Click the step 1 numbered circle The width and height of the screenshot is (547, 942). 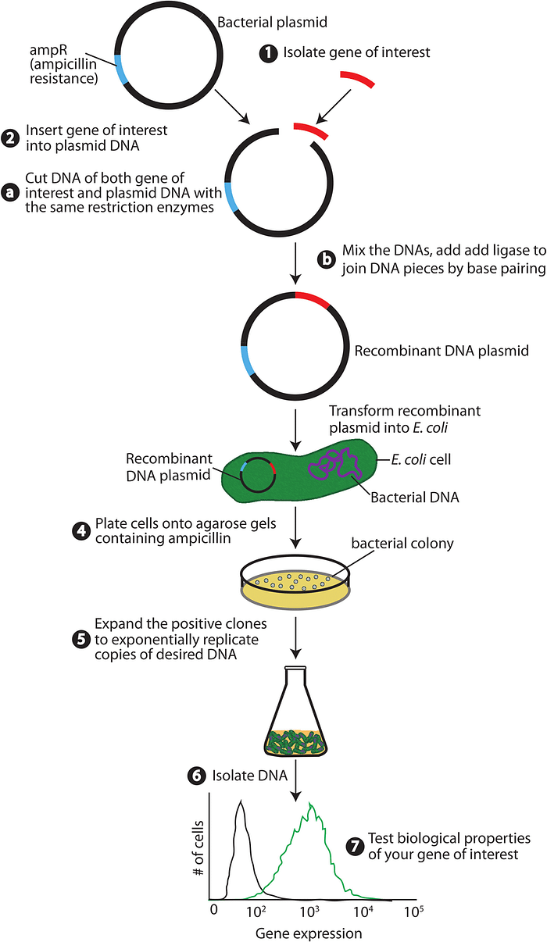coord(268,53)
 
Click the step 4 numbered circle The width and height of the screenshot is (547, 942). coord(80,531)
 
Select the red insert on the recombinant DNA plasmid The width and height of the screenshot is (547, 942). coord(314,299)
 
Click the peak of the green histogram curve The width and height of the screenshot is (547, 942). coord(311,805)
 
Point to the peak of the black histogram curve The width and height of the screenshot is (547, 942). coord(241,803)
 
